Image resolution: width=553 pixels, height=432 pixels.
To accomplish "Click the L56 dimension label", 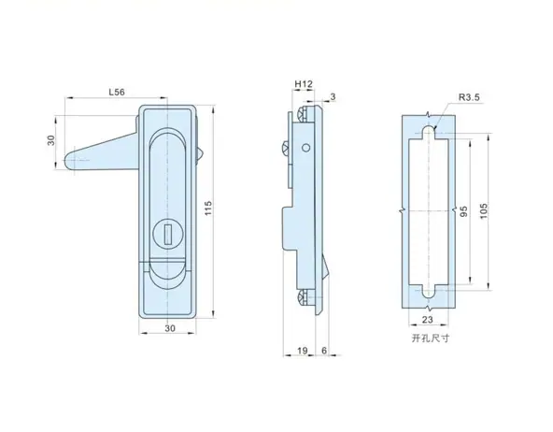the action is pos(117,93).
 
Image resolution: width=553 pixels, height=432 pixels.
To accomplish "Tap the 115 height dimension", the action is pos(208,209).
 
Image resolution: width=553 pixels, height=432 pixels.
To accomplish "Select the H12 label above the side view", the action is pos(304,84).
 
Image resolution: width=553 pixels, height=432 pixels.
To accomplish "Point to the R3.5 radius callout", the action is pos(469,97).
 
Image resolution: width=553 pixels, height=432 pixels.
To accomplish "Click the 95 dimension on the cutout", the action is pos(464,211).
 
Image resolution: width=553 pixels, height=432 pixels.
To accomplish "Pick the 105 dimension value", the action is pos(484,210).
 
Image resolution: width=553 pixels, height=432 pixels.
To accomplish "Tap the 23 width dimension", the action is pos(427,320).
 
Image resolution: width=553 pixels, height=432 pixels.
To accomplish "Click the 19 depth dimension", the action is pos(303,351).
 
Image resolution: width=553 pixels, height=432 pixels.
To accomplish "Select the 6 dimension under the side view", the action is pos(324,350).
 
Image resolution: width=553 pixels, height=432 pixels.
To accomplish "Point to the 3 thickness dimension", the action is pos(333,96).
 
